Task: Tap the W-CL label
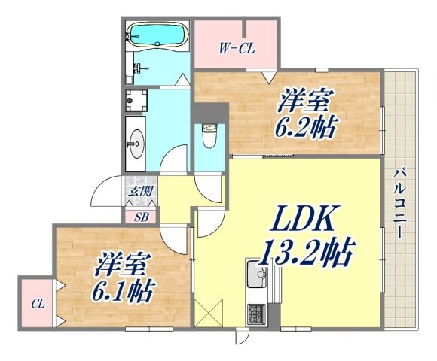click(237, 50)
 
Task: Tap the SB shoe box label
click(141, 218)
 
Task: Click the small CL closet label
click(37, 305)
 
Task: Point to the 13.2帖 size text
click(307, 253)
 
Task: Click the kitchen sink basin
click(259, 275)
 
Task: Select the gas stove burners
click(258, 311)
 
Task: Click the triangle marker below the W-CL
click(267, 75)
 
